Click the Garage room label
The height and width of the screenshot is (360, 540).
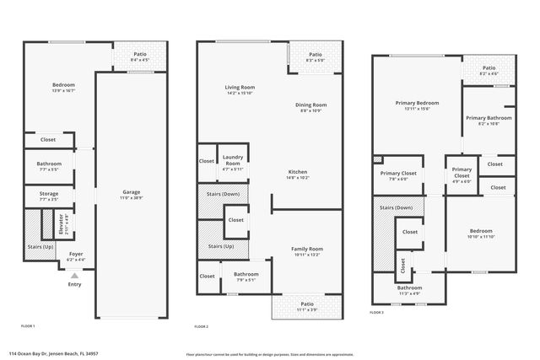pos(131,192)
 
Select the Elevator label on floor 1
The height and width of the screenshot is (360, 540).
pos(62,226)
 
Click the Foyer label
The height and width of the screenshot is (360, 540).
pos(76,254)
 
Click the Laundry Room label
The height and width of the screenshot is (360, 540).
pos(232,160)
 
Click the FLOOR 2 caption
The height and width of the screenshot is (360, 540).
pos(201,325)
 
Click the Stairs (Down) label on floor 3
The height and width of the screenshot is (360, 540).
pos(396,207)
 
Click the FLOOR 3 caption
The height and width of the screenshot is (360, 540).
pos(376,312)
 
